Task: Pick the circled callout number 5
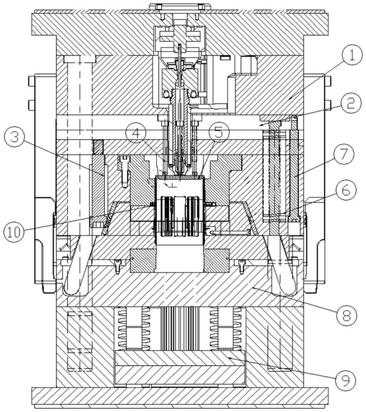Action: (x=218, y=133)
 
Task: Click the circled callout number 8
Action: (x=346, y=315)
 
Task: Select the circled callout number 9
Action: (x=345, y=380)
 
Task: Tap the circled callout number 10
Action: (x=14, y=232)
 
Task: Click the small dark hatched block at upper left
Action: (x=98, y=147)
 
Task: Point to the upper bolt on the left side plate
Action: (x=31, y=81)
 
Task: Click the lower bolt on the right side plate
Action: (x=328, y=105)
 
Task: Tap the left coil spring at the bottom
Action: (x=123, y=329)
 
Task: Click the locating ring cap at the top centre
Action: (x=177, y=7)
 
